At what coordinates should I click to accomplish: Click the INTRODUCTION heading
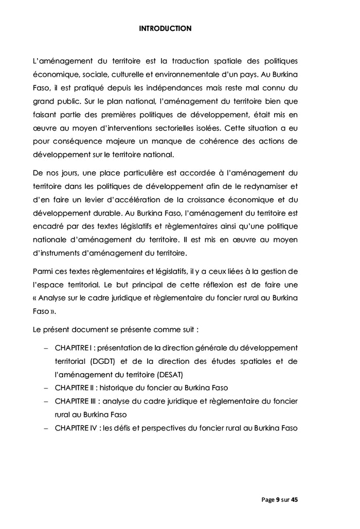point(165,29)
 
